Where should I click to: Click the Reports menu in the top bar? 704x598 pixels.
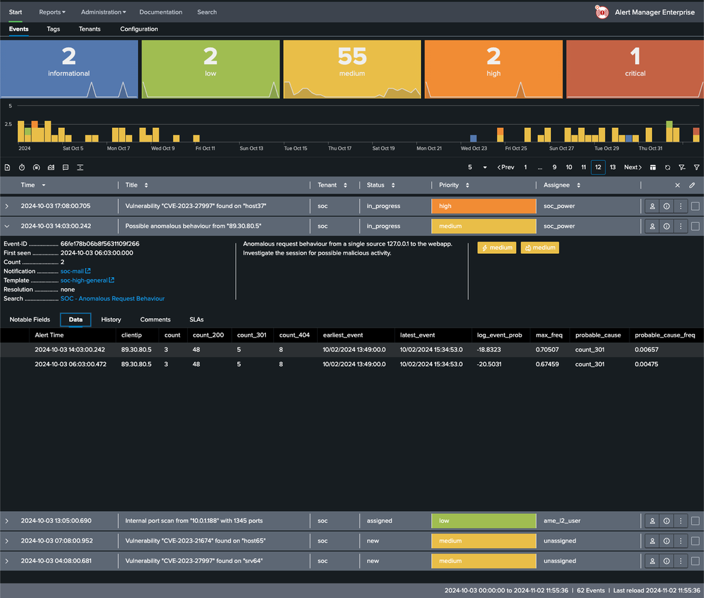pyautogui.click(x=52, y=12)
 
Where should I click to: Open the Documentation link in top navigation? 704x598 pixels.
pyautogui.click(x=161, y=12)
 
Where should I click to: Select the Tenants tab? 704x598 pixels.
pyautogui.click(x=90, y=29)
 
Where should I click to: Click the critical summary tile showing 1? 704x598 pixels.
pyautogui.click(x=634, y=68)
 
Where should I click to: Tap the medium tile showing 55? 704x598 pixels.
pyautogui.click(x=352, y=68)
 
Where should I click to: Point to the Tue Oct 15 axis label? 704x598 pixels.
pyautogui.click(x=296, y=148)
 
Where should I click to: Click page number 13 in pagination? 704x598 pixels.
pyautogui.click(x=612, y=167)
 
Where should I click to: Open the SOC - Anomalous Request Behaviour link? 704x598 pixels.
pyautogui.click(x=112, y=298)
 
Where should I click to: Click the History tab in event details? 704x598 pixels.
pyautogui.click(x=111, y=320)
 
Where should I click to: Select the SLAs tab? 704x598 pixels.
pyautogui.click(x=196, y=320)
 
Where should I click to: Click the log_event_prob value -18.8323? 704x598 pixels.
pyautogui.click(x=489, y=350)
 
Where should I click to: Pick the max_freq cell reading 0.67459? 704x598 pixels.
pyautogui.click(x=547, y=364)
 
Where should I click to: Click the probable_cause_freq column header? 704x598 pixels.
pyautogui.click(x=664, y=335)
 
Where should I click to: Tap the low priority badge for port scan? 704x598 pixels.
pyautogui.click(x=483, y=521)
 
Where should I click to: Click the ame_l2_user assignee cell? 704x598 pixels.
pyautogui.click(x=562, y=521)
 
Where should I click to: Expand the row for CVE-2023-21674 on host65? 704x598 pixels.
pyautogui.click(x=8, y=541)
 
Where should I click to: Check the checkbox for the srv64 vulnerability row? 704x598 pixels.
pyautogui.click(x=695, y=561)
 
